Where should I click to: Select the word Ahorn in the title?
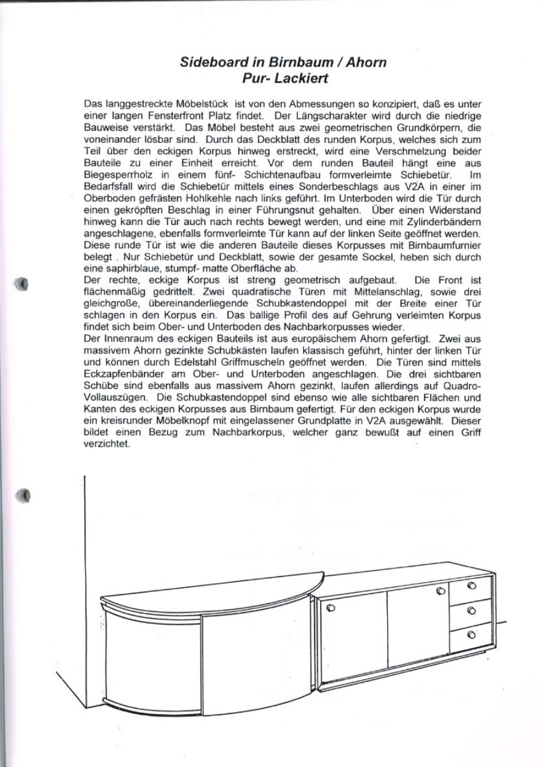pyautogui.click(x=366, y=62)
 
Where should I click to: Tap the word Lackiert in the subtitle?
pyautogui.click(x=301, y=78)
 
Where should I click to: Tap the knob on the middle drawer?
pyautogui.click(x=472, y=610)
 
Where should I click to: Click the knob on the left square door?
pyautogui.click(x=332, y=607)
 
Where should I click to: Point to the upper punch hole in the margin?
pyautogui.click(x=22, y=284)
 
